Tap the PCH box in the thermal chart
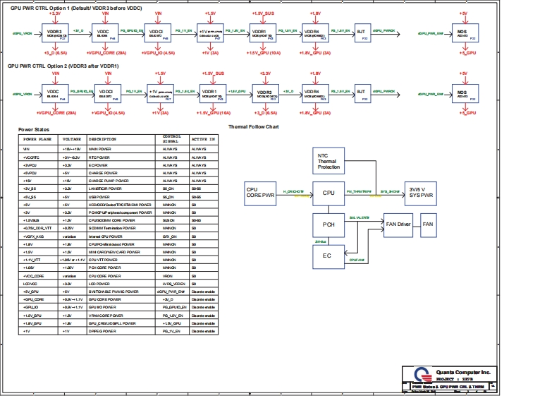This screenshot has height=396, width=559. pyautogui.click(x=328, y=224)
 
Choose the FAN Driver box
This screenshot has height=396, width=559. pyautogui.click(x=398, y=224)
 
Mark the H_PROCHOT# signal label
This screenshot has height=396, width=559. pyautogui.click(x=293, y=191)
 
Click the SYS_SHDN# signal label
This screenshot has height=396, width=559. pyautogui.click(x=390, y=191)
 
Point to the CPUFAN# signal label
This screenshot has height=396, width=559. pyautogui.click(x=357, y=259)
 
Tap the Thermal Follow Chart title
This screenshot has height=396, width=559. pyautogui.click(x=254, y=127)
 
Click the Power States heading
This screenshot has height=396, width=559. pyautogui.click(x=34, y=130)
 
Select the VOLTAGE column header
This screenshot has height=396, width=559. pyautogui.click(x=72, y=140)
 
